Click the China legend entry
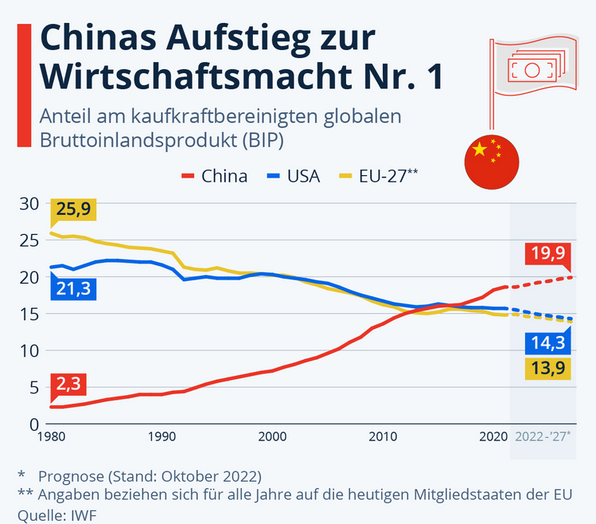(x=215, y=176)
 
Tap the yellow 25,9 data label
(x=72, y=210)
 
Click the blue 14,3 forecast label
(x=548, y=343)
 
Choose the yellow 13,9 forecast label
(x=548, y=369)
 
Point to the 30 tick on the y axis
(x=29, y=204)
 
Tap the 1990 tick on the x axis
(x=162, y=436)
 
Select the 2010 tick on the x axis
(x=384, y=436)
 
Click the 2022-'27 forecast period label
(x=548, y=436)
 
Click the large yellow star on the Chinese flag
(x=479, y=149)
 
